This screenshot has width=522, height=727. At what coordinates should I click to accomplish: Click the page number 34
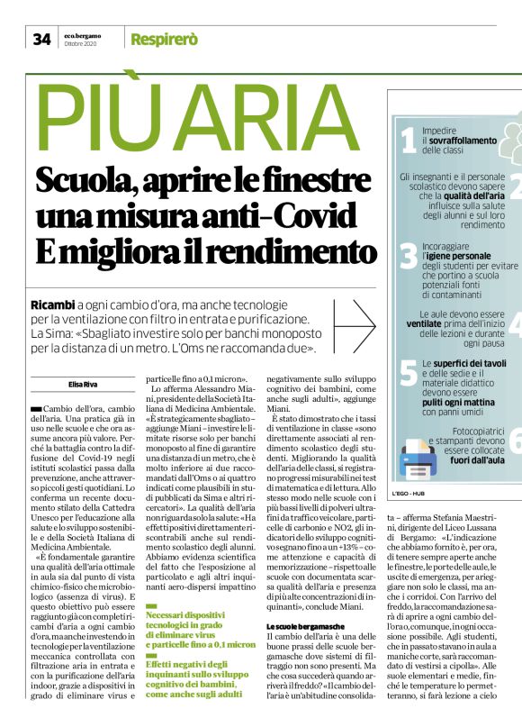[41, 39]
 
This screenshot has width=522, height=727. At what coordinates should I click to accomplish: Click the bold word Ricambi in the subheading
[53, 304]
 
